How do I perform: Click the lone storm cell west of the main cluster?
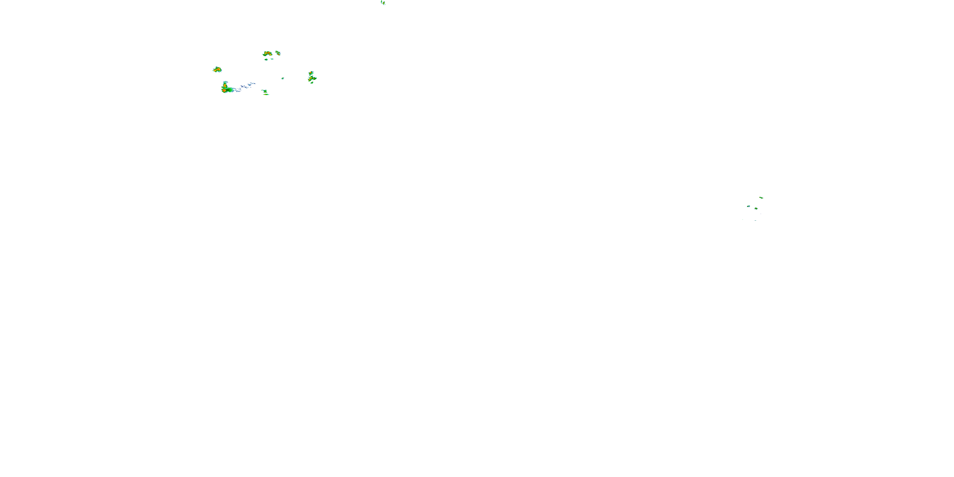pos(217,70)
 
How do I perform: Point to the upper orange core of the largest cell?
pos(225,85)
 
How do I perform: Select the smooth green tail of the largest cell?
pos(231,90)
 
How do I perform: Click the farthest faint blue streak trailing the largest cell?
pos(252,83)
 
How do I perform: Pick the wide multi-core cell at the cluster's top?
pos(267,54)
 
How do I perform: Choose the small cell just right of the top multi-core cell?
pos(278,53)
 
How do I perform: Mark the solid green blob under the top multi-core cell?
pos(266,59)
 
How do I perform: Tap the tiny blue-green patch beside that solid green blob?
pos(272,59)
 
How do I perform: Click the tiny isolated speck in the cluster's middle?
pos(283,78)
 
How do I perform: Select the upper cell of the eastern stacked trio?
pos(311,73)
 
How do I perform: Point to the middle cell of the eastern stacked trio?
pos(312,79)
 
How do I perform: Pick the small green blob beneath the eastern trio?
pos(312,83)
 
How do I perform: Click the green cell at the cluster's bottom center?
pos(265,91)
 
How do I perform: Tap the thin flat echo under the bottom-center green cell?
pos(266,94)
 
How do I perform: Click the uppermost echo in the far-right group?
pos(761,198)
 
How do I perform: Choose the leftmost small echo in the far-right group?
pos(749,206)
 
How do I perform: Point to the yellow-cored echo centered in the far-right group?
pos(756,209)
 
